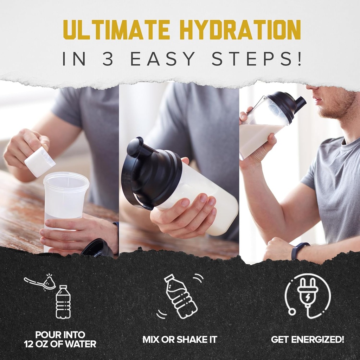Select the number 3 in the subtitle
click(108, 59)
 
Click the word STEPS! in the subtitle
click(257, 59)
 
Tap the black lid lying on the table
click(97, 249)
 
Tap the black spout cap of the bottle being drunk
click(300, 102)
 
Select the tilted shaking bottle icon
click(180, 296)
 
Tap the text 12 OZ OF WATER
click(60, 344)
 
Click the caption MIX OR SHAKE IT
click(180, 340)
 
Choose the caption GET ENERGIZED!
click(307, 340)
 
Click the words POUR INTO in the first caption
click(60, 335)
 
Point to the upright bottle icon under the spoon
click(63, 302)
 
